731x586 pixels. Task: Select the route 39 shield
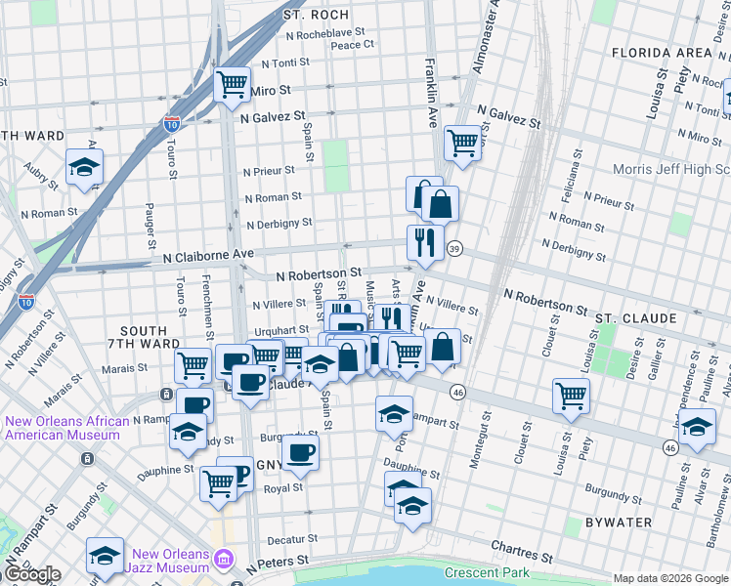(x=455, y=250)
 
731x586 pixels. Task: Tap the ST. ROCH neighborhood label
(x=308, y=16)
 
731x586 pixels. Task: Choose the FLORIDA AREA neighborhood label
(x=661, y=52)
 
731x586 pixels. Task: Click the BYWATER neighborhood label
(x=618, y=523)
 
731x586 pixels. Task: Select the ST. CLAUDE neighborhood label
(x=635, y=318)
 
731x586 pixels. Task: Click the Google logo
(x=31, y=574)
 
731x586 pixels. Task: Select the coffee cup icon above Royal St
(x=301, y=451)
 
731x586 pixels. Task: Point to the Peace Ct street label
(x=352, y=45)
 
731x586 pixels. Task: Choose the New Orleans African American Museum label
(x=66, y=429)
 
